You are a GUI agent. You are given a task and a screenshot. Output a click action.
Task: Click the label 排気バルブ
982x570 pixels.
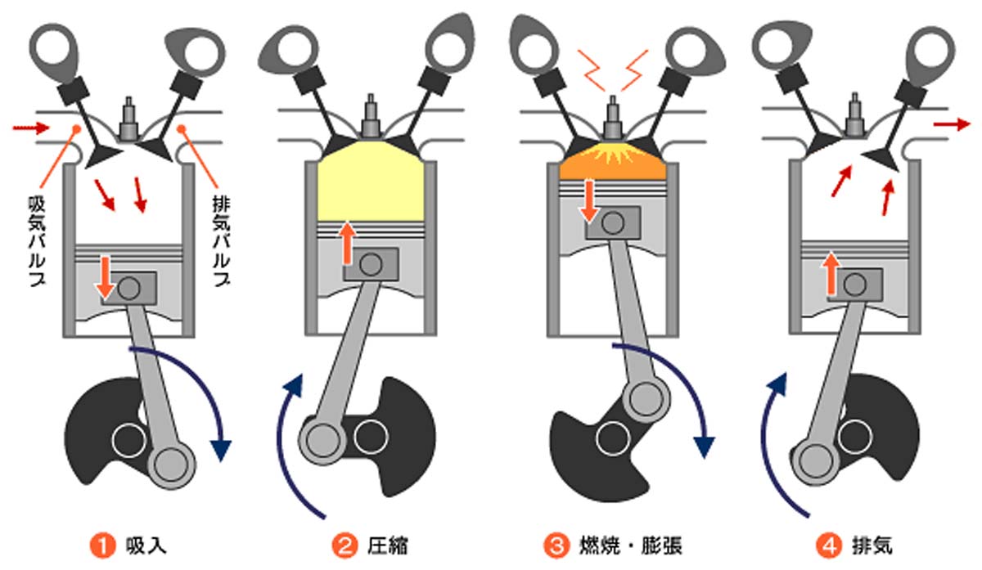pos(218,237)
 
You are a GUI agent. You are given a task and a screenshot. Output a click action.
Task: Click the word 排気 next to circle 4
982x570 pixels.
pos(873,544)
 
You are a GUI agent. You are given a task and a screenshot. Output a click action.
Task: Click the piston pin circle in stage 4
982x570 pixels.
pos(854,284)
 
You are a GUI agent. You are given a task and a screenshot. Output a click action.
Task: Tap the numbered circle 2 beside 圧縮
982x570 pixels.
pos(343,544)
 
